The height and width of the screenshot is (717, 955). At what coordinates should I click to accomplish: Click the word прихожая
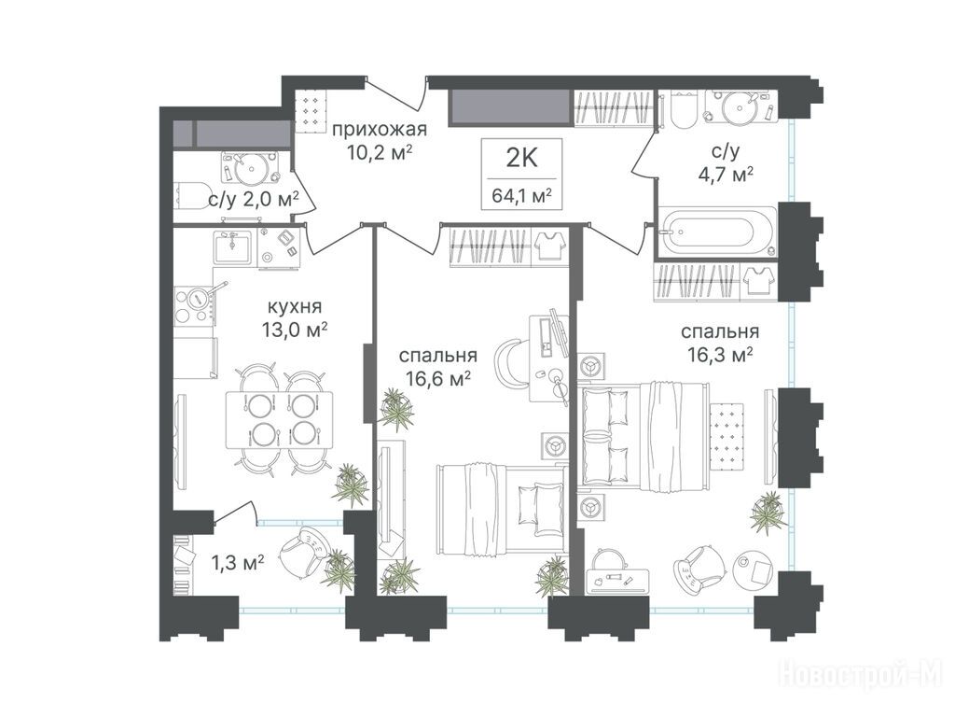click(x=379, y=129)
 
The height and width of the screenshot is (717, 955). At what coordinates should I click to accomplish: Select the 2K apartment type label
click(x=521, y=159)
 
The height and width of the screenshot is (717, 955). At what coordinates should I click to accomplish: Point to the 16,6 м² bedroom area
click(x=438, y=379)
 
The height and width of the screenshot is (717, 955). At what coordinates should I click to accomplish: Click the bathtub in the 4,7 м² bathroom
click(x=717, y=232)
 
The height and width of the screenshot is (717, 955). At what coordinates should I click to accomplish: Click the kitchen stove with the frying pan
click(x=195, y=304)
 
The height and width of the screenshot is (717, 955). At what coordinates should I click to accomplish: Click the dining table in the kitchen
click(x=279, y=419)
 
